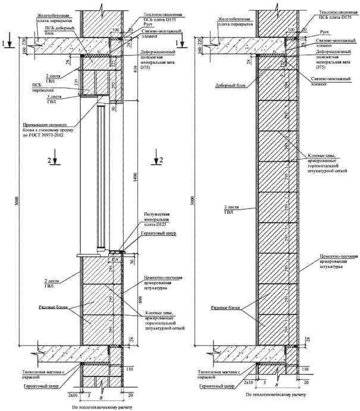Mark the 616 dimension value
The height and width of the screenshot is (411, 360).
point(135,69)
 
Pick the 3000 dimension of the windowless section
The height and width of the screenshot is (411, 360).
point(193,203)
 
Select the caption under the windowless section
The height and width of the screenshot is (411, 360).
point(274,395)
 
